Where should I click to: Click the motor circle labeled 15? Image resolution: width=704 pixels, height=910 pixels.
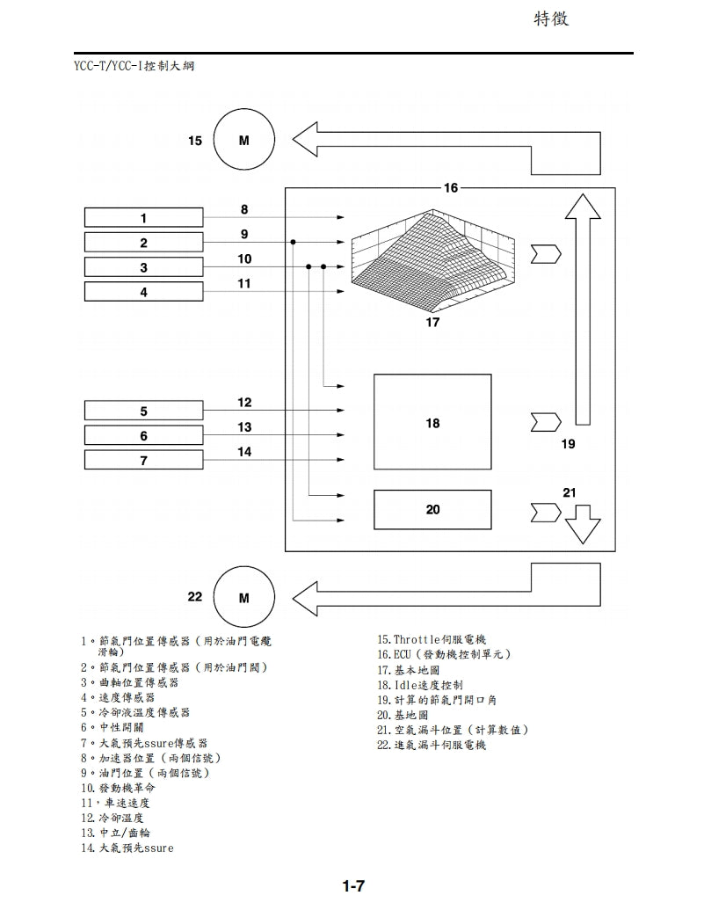pyautogui.click(x=243, y=140)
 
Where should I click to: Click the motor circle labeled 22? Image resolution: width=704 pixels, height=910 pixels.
pyautogui.click(x=243, y=598)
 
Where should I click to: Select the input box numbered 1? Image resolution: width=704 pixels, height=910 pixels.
pyautogui.click(x=144, y=217)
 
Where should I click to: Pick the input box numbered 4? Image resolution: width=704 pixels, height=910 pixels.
pyautogui.click(x=144, y=292)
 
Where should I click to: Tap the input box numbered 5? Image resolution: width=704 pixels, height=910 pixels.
pyautogui.click(x=144, y=410)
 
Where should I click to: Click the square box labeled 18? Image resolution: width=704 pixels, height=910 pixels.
pyautogui.click(x=432, y=422)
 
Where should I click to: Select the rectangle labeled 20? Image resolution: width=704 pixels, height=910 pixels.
pyautogui.click(x=432, y=509)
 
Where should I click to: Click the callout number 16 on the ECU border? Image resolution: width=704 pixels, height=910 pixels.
pyautogui.click(x=450, y=188)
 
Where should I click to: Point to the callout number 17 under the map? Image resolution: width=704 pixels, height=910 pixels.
pyautogui.click(x=432, y=323)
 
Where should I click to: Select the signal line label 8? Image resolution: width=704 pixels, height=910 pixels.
pyautogui.click(x=244, y=209)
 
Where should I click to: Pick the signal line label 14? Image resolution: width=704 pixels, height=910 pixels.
pyautogui.click(x=244, y=452)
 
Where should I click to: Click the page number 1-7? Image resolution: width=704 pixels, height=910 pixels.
pyautogui.click(x=353, y=886)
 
